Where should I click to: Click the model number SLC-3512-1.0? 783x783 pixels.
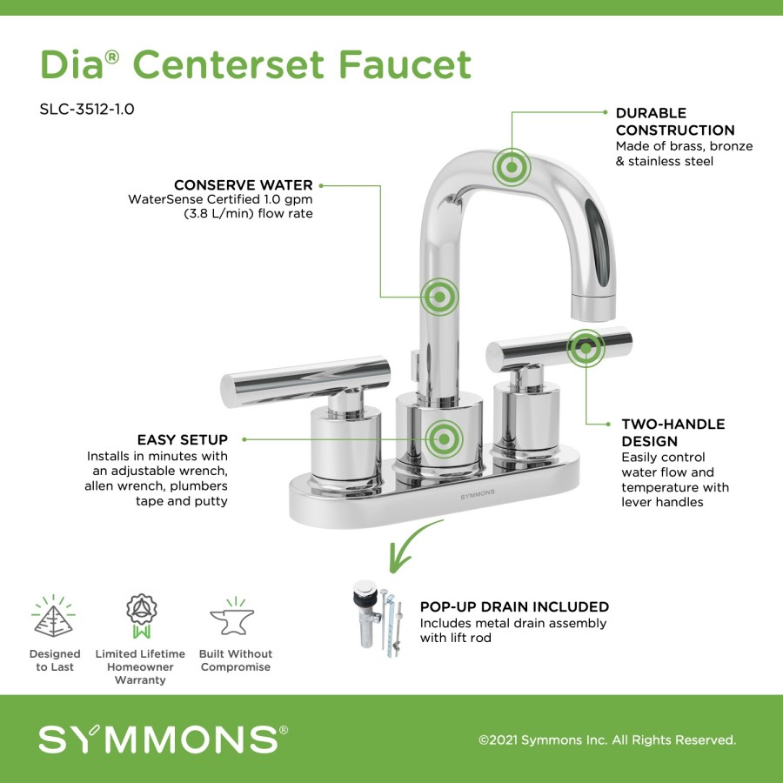pos(87,109)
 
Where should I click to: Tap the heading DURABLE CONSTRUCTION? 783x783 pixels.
pos(675,121)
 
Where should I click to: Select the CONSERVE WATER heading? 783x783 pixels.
pos(244,184)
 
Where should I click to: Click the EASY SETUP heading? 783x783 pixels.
pos(183,439)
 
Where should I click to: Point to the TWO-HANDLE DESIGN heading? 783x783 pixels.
pos(673,432)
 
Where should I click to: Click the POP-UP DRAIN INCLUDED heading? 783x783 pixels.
pos(514,606)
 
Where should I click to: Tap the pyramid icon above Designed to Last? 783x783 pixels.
pos(53,616)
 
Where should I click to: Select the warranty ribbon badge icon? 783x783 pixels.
pos(141,616)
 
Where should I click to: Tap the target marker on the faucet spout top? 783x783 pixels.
pos(512,167)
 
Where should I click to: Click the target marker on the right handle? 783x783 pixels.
pos(586,348)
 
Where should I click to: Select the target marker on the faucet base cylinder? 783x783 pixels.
pos(444,439)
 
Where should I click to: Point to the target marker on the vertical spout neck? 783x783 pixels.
pos(439,298)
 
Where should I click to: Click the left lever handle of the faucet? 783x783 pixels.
pos(305,381)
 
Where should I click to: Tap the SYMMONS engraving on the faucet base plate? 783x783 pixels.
pos(478,494)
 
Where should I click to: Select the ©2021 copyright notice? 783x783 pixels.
pos(607,739)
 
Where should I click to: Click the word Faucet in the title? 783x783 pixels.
pos(405,64)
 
